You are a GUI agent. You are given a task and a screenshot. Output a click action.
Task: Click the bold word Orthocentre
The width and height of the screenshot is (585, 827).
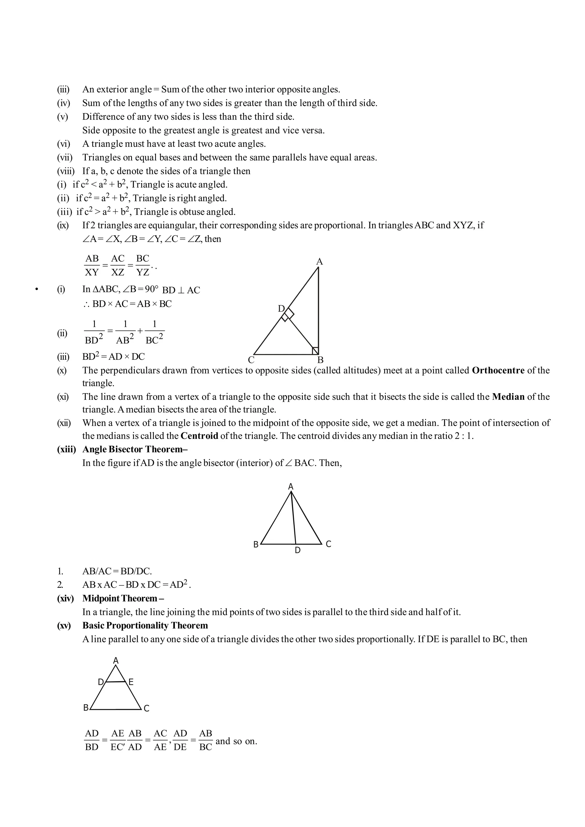[498, 370]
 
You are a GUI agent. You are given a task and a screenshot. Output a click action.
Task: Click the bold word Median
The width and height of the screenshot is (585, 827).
[508, 397]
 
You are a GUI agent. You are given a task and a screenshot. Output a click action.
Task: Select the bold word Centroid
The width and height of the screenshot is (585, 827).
[199, 436]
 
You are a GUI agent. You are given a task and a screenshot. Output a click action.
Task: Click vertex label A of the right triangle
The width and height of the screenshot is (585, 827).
[319, 262]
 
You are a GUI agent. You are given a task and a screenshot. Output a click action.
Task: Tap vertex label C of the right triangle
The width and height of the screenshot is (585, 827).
[251, 360]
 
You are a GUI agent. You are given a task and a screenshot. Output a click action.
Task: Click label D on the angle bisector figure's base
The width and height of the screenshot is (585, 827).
[298, 550]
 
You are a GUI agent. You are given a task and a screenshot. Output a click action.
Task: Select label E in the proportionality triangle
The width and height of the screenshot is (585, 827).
[131, 682]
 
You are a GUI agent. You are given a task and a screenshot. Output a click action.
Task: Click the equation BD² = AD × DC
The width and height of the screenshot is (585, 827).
[113, 357]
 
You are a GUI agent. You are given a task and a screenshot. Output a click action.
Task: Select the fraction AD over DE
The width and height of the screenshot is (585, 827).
[180, 740]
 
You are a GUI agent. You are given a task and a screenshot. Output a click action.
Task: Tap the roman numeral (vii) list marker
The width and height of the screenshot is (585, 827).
[65, 157]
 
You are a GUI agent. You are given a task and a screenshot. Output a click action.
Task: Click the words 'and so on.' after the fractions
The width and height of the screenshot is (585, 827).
[236, 741]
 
